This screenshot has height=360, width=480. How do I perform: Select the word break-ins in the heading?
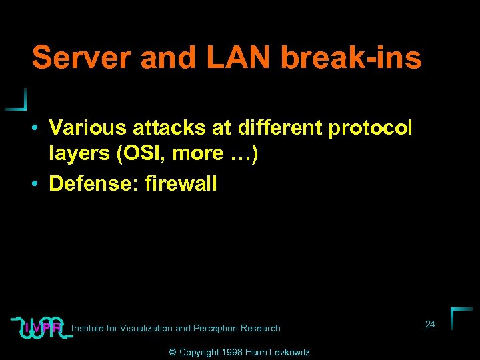351,58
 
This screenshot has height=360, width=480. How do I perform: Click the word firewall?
180,183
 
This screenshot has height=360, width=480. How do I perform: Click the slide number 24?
430,324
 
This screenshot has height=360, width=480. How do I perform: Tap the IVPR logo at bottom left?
41,326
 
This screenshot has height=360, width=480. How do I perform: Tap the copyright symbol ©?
173,352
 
